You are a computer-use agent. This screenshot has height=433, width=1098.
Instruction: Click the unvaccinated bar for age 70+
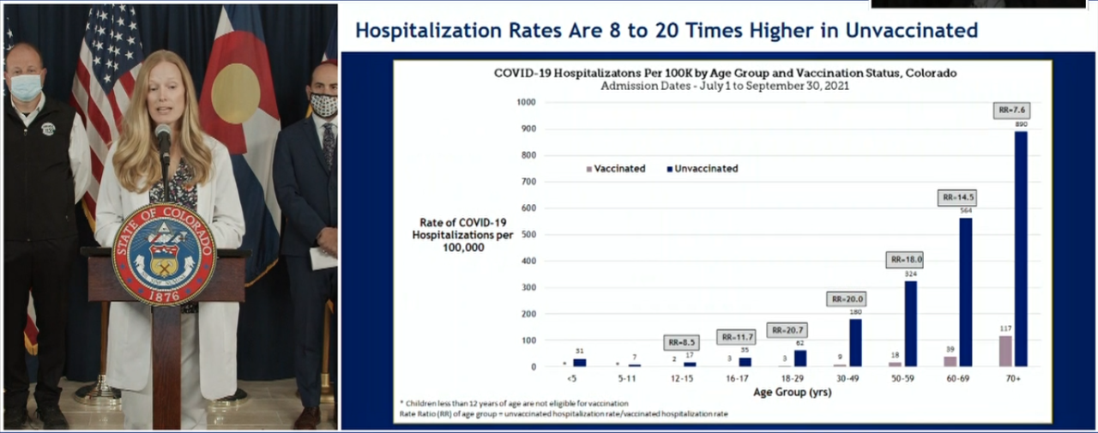point(1021,249)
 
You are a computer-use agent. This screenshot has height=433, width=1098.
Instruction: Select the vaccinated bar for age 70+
point(1005,352)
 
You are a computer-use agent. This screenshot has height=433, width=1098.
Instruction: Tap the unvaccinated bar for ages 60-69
point(965,292)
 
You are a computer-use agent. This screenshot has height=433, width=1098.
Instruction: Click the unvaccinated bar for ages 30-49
point(855,343)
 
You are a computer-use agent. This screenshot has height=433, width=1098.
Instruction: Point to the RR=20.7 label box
point(787,330)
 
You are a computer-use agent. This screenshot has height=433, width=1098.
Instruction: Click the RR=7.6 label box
point(1013,110)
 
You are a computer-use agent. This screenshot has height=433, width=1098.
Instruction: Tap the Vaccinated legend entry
point(615,169)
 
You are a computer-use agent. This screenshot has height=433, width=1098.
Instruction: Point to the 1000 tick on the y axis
point(526,102)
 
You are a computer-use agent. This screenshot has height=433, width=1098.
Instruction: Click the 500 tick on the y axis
point(528,234)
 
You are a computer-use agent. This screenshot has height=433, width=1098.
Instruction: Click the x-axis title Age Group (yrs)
point(793,392)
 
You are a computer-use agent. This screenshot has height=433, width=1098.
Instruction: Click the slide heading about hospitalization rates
point(666,31)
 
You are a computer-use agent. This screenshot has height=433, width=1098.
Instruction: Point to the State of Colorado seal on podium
point(163,254)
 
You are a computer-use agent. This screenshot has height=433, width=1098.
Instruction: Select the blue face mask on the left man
point(26,87)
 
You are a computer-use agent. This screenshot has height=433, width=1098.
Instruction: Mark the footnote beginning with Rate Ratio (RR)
point(563,414)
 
